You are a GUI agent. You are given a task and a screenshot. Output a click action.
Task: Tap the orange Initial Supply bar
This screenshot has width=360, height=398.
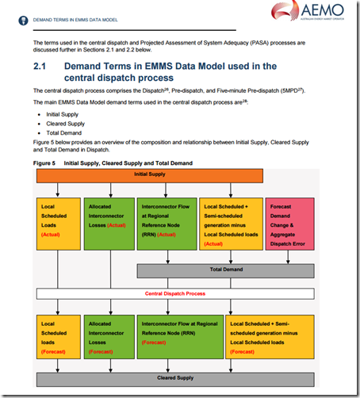[x=177, y=173]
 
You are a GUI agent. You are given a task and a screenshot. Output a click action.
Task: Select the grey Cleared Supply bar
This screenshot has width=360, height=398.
[x=177, y=378]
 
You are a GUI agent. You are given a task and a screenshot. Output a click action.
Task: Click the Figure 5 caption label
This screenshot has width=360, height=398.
[x=44, y=162]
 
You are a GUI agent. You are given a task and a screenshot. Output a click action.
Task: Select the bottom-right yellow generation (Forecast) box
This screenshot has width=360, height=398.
[x=270, y=337]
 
